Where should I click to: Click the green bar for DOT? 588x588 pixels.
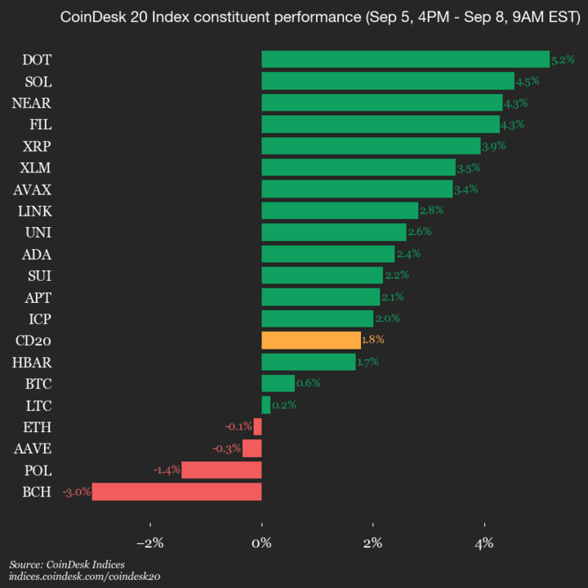(405, 59)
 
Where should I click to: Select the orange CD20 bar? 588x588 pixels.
(310, 340)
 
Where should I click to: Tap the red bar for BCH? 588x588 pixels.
(176, 492)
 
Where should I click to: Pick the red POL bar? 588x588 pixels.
(221, 470)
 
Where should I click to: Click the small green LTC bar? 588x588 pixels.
(265, 405)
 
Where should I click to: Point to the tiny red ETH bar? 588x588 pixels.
(258, 426)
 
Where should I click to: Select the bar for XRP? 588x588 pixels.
(371, 145)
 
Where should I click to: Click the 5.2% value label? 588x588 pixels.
(563, 60)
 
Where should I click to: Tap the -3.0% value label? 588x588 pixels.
(76, 492)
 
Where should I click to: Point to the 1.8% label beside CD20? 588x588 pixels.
(372, 340)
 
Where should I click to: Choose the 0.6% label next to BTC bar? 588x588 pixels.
(308, 383)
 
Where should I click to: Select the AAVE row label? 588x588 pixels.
(33, 448)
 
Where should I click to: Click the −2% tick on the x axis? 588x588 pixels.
(150, 544)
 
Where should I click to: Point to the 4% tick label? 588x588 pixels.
(484, 544)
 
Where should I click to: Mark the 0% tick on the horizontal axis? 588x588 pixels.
(261, 544)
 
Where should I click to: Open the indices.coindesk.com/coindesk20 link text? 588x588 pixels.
(84, 576)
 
